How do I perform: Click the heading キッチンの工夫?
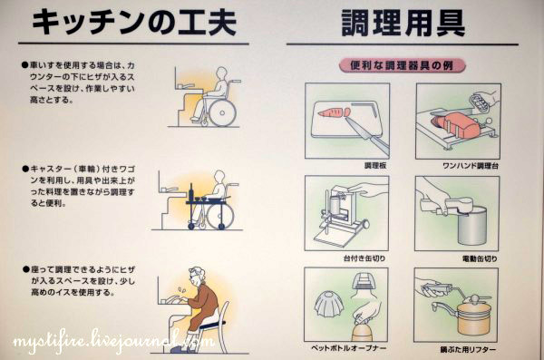pos(134,23)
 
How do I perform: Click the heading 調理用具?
pos(403,23)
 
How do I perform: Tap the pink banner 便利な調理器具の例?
pos(402,65)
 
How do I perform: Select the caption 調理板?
pos(375,166)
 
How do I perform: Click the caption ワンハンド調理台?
pos(471,166)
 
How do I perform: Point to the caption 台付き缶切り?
pos(364,258)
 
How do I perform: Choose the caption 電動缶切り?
pos(480,258)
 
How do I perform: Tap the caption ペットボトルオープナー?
pos(349,348)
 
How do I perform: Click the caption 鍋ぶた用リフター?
pos(468,350)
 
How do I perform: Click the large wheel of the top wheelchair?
pos(222,112)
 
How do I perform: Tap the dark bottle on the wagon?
pos(191,192)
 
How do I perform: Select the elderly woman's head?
pos(197,276)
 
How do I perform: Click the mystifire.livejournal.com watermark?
pos(113,341)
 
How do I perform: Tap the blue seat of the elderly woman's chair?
pos(210,325)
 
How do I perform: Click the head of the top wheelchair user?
pos(221,73)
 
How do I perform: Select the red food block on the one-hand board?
pos(455,124)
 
